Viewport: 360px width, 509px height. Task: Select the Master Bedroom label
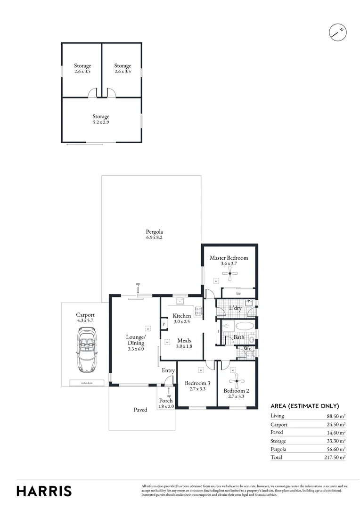[229, 258]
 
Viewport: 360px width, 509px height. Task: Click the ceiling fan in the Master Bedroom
[231, 274]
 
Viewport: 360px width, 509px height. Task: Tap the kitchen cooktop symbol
[198, 311]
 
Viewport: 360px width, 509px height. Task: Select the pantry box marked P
[164, 324]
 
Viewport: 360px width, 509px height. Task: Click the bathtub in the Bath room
[243, 326]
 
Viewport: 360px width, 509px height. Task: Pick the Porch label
[166, 401]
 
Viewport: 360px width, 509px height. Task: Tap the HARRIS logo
[44, 491]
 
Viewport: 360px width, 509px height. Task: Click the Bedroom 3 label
[197, 383]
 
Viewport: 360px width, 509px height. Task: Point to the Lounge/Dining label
[135, 340]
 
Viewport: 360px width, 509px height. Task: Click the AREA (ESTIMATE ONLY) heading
[304, 406]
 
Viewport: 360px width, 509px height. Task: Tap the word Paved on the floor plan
[140, 410]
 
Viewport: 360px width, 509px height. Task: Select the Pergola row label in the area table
[279, 449]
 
